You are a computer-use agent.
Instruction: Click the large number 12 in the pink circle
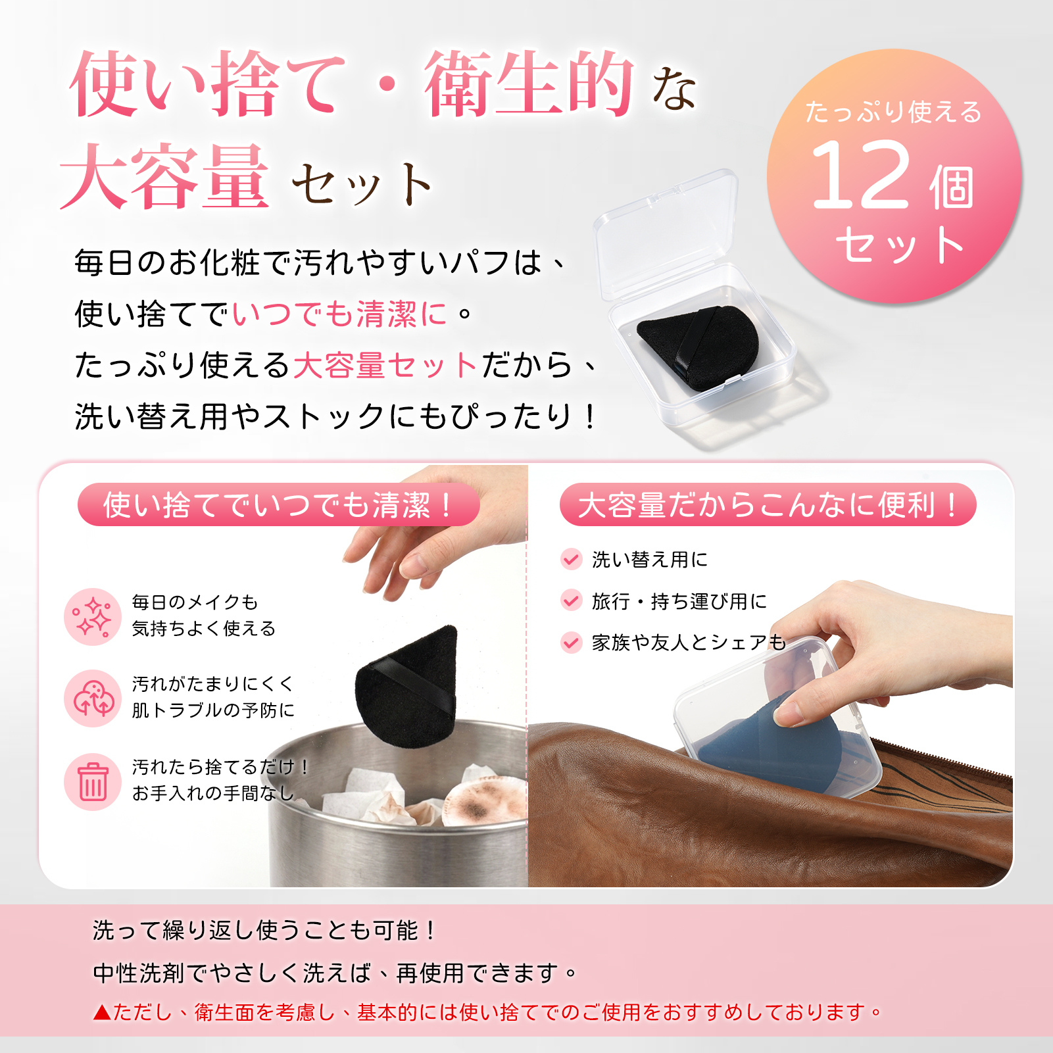coord(862,175)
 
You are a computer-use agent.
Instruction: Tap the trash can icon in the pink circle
coord(93,781)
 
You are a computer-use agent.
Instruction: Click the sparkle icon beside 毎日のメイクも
coord(93,617)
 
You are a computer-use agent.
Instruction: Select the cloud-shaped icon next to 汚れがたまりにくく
coord(93,698)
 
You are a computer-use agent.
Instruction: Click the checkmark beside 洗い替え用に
coord(571,559)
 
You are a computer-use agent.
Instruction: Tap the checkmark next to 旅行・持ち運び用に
coord(571,600)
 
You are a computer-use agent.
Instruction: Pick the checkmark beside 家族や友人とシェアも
coord(571,642)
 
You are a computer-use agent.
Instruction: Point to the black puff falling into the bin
coord(406,687)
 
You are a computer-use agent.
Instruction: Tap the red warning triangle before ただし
coord(102,1012)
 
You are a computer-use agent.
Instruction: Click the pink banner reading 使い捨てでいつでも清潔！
coord(278,505)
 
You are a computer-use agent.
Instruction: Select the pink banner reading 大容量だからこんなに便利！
coord(768,505)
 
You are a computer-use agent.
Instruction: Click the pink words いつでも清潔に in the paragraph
coord(339,314)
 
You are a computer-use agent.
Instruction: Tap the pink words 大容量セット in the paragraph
coord(385,365)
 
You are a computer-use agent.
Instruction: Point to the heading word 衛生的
coord(529,84)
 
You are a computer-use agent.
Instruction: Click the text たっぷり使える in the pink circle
coord(894,112)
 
